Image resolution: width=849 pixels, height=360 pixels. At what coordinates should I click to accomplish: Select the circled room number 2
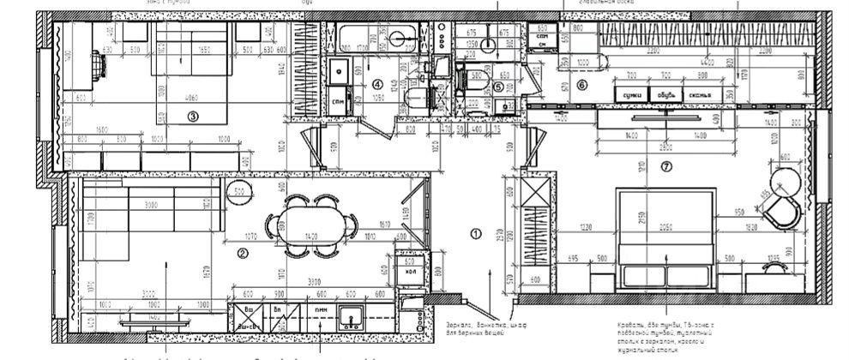point(243,252)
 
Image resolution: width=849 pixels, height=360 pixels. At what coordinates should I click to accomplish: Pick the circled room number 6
point(581,84)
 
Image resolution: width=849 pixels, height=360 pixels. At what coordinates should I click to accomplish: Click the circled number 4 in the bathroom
point(377,84)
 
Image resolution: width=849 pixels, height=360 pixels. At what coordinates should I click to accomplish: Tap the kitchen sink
point(352,316)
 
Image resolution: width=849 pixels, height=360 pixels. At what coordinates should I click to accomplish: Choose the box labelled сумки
point(632,94)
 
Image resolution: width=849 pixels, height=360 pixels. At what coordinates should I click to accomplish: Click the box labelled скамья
point(696,94)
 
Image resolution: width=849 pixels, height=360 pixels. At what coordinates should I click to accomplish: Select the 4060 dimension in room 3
point(191,97)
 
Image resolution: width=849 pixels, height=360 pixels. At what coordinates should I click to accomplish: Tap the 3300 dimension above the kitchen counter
point(314,279)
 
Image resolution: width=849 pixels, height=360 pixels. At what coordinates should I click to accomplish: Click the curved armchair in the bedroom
point(786,211)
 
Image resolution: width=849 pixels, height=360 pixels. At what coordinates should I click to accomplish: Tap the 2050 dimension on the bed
point(665,227)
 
